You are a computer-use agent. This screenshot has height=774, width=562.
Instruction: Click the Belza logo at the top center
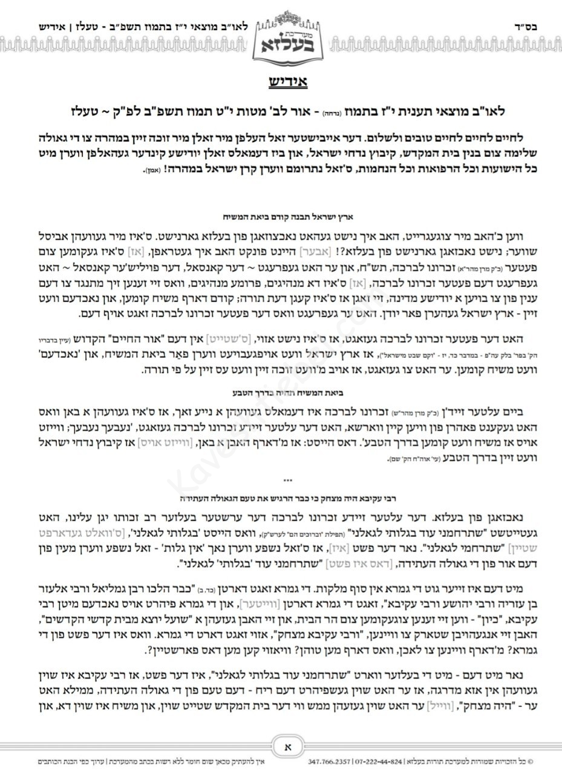(281, 37)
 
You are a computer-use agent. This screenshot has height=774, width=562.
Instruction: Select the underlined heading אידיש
(281, 82)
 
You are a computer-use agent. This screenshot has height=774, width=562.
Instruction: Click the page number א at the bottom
(281, 747)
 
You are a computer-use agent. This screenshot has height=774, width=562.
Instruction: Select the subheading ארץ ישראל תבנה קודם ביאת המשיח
(281, 214)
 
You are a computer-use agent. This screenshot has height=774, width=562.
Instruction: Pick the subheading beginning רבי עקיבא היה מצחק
(281, 500)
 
